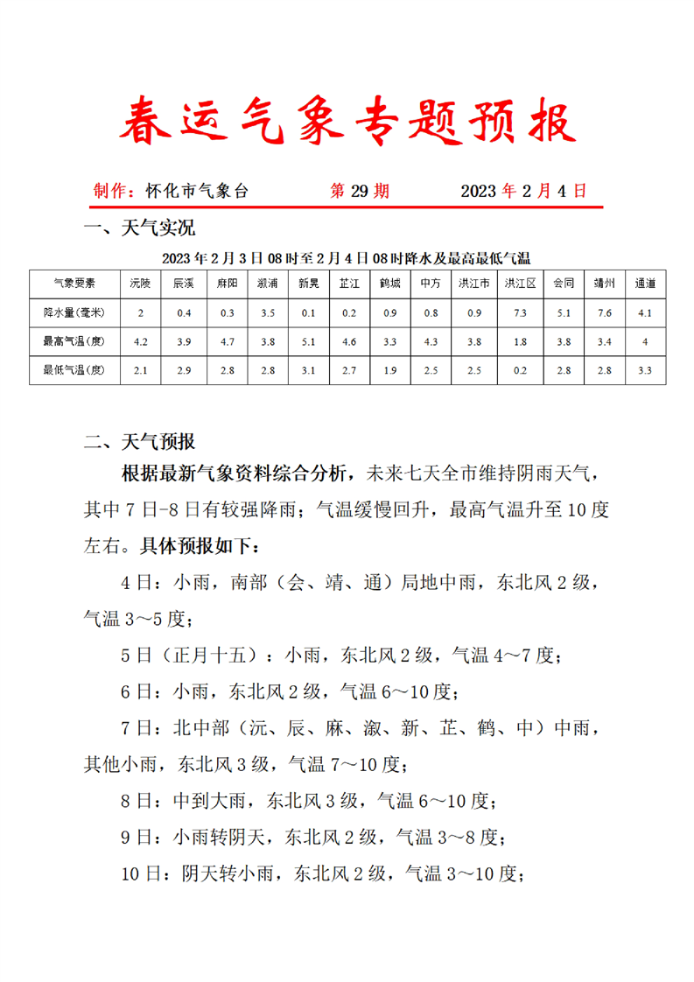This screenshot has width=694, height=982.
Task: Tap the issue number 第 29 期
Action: tap(359, 191)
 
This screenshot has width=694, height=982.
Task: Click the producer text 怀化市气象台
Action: tap(197, 191)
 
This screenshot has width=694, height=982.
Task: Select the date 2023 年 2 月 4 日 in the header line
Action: tap(523, 191)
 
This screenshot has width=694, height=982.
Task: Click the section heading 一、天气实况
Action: tap(138, 229)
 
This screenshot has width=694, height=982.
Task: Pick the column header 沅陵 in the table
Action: tap(140, 284)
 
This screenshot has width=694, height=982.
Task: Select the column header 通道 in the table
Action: tap(645, 284)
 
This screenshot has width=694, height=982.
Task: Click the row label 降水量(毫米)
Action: tap(74, 312)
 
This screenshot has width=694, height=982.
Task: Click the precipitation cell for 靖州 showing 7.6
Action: tap(604, 312)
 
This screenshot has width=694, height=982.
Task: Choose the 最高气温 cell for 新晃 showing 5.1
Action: tap(307, 341)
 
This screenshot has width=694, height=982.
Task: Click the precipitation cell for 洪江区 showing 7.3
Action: tap(520, 312)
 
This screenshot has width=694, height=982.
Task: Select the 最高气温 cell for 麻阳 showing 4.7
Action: tap(228, 341)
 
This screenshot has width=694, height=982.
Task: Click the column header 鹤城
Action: tap(390, 284)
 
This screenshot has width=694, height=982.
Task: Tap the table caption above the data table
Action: tap(347, 258)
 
